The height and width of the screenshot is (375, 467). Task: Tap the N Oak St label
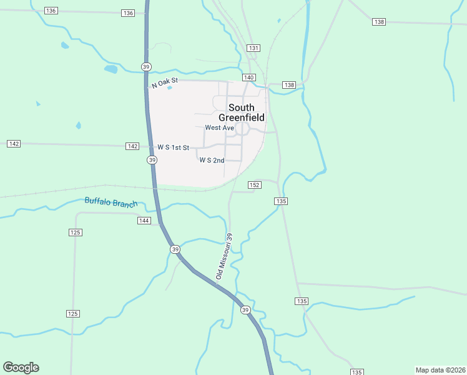[165, 82]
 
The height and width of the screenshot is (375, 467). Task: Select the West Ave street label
[219, 128]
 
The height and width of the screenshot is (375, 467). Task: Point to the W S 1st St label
[173, 147]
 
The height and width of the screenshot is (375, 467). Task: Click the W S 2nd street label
[212, 161]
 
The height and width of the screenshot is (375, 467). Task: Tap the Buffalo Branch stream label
[109, 201]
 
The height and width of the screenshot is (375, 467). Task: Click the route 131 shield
[253, 48]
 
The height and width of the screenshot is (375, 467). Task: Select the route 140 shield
[249, 77]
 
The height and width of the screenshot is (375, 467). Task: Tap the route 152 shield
[254, 185]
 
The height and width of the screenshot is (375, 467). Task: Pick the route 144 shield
[144, 221]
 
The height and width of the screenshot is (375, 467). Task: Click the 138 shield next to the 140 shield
[288, 85]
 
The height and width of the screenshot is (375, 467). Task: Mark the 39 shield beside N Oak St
[146, 67]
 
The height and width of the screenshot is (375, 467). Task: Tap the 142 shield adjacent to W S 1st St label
[132, 146]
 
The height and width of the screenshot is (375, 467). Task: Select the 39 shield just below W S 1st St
[152, 161]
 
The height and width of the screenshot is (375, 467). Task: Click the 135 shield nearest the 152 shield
[280, 201]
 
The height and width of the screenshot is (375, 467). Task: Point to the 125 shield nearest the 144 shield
[76, 232]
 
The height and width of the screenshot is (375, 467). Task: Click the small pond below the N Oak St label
[169, 88]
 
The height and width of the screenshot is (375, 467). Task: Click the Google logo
[21, 367]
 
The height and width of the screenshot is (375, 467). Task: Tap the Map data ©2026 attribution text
[440, 369]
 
